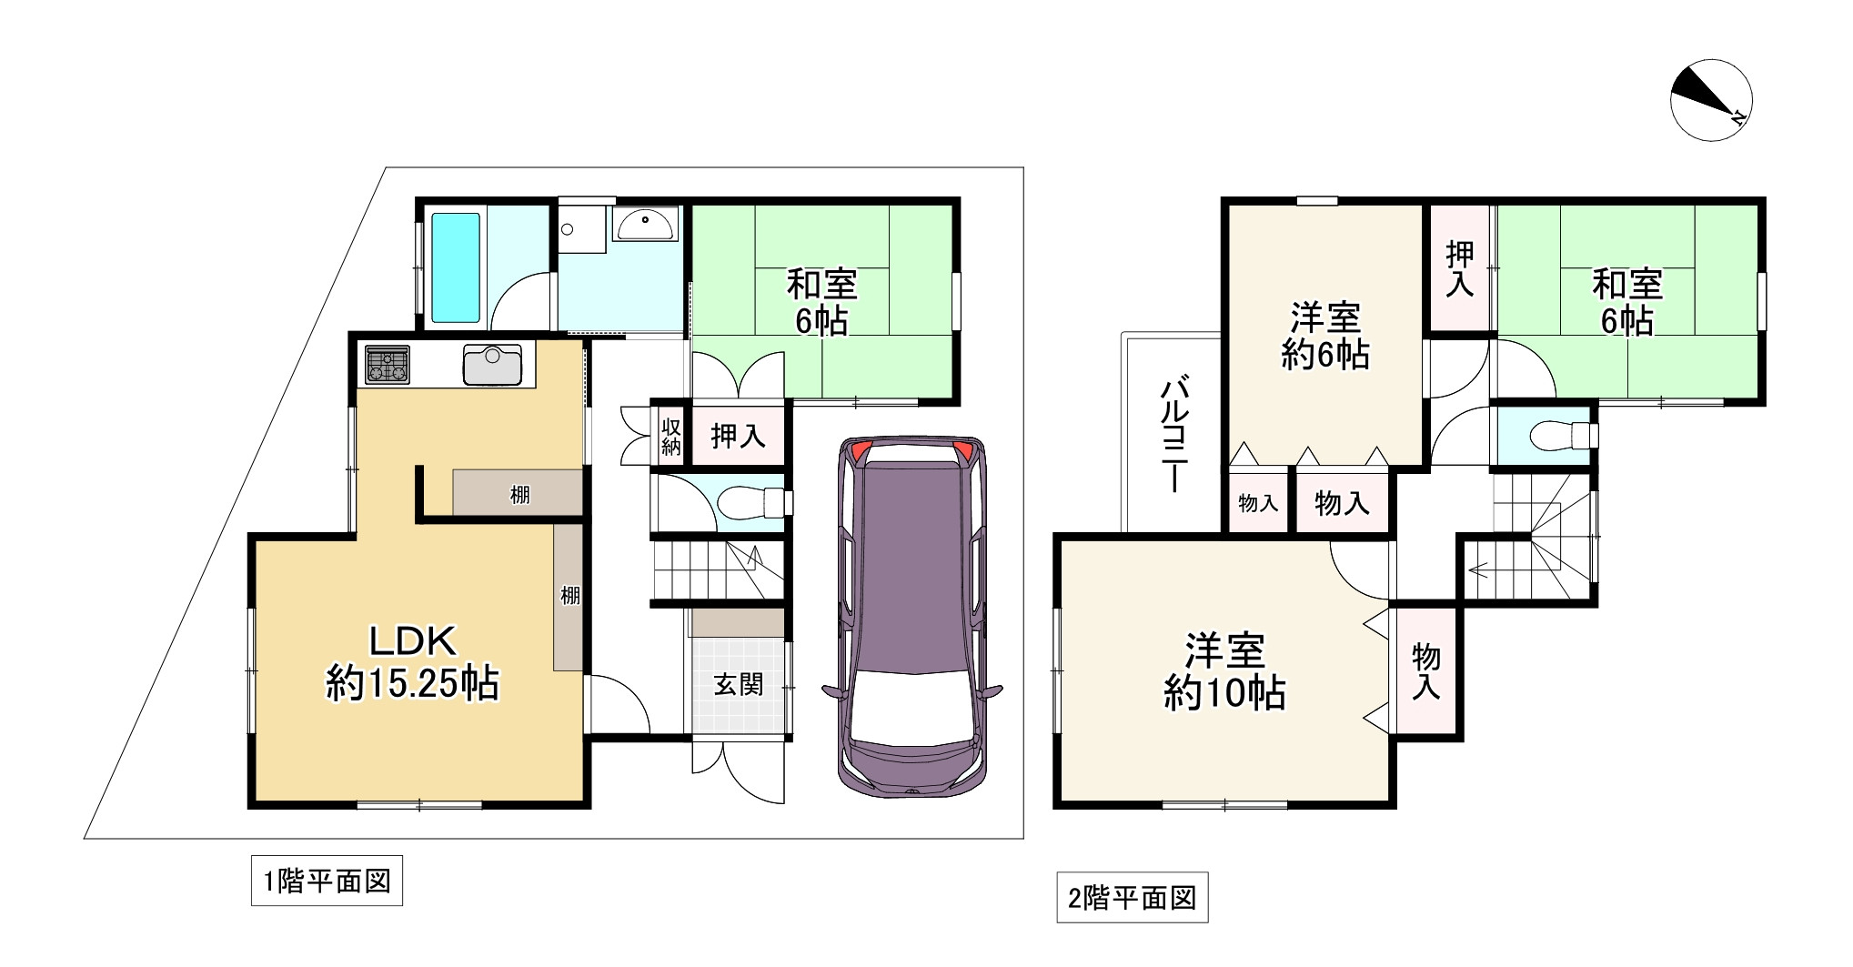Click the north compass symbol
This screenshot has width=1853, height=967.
pyautogui.click(x=1711, y=100)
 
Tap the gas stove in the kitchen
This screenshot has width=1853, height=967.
pyautogui.click(x=388, y=365)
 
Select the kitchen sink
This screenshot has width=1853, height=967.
pyautogui.click(x=492, y=365)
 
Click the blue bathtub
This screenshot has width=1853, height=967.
pyautogui.click(x=455, y=267)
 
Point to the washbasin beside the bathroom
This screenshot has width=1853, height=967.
pyautogui.click(x=645, y=223)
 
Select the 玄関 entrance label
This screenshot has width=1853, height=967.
pyautogui.click(x=738, y=684)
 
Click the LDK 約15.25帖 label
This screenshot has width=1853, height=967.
pyautogui.click(x=412, y=662)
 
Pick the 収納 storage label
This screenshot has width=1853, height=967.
pyautogui.click(x=670, y=436)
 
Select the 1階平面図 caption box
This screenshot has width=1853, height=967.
pyautogui.click(x=327, y=881)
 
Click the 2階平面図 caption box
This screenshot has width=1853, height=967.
pyautogui.click(x=1132, y=899)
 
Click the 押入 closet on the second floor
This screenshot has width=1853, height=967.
pyautogui.click(x=1459, y=268)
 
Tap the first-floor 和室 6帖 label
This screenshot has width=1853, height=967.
pyautogui.click(x=821, y=302)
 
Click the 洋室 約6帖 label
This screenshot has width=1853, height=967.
pyautogui.click(x=1324, y=336)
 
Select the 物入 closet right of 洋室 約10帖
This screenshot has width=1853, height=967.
pyautogui.click(x=1425, y=671)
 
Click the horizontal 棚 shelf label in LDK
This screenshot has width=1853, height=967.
pyautogui.click(x=519, y=495)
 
